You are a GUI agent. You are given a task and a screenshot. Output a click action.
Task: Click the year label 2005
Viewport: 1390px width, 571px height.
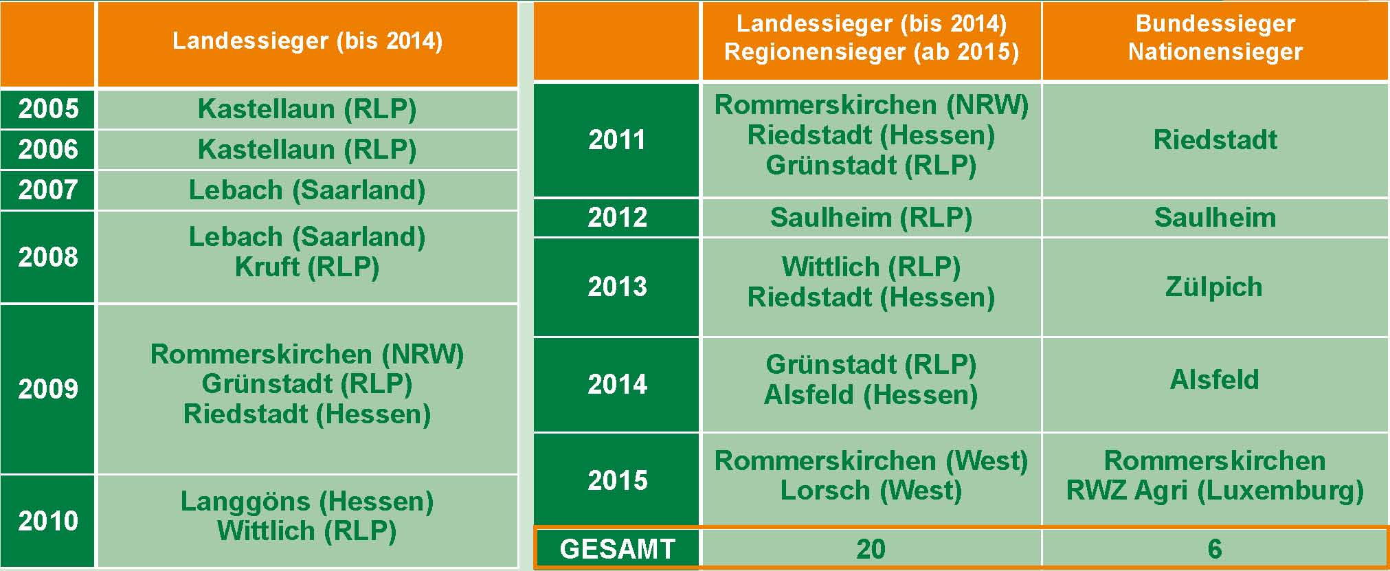48,109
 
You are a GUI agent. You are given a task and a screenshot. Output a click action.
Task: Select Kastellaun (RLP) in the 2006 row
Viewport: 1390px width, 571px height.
307,149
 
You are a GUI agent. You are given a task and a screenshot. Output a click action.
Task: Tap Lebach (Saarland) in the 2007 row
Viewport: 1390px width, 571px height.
307,190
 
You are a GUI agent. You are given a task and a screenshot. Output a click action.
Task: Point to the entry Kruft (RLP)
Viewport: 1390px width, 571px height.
307,267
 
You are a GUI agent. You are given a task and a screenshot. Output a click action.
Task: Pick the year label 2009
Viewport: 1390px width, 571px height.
48,389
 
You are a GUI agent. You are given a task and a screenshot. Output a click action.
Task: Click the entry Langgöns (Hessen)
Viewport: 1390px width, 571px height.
307,501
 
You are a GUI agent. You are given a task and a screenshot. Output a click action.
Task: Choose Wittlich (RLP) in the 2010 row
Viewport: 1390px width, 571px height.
307,530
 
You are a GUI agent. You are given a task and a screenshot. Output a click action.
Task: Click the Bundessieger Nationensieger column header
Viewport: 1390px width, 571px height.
1215,38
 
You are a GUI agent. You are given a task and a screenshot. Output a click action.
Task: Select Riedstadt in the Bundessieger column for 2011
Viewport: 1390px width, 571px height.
1215,139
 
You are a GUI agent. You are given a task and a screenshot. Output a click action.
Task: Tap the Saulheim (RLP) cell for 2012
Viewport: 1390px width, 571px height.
871,217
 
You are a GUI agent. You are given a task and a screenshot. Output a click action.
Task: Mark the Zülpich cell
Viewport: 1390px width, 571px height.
1214,287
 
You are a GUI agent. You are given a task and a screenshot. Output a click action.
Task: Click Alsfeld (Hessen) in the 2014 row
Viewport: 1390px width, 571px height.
871,394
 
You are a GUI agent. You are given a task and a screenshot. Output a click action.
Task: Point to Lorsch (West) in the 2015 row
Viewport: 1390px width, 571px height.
871,490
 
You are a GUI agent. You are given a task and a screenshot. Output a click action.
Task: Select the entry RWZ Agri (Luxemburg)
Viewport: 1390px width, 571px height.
1215,490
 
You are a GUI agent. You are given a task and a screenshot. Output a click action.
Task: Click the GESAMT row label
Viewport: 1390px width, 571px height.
617,549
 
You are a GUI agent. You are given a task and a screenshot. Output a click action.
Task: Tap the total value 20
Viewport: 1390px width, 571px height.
871,549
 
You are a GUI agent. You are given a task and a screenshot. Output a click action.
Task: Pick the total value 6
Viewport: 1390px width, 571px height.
1215,549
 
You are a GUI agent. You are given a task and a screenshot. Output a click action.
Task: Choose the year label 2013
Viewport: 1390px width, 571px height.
617,287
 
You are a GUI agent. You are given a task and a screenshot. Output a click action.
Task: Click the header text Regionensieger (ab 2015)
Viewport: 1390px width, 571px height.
871,52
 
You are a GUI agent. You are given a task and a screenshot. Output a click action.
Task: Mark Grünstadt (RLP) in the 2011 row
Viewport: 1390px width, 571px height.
871,165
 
